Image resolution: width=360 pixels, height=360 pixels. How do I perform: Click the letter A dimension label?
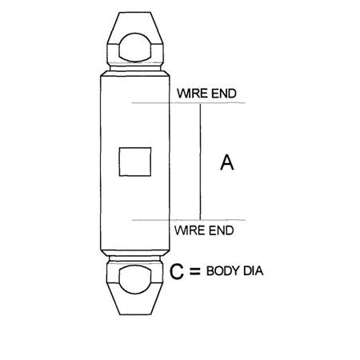(226, 162)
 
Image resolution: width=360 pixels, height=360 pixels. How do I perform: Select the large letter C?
(178, 273)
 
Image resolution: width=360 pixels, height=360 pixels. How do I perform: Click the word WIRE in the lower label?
(190, 231)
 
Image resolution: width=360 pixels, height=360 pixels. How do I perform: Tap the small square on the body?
(134, 162)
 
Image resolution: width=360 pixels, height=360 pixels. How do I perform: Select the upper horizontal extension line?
(208, 104)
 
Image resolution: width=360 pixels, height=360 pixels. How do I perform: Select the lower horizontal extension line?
(208, 218)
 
